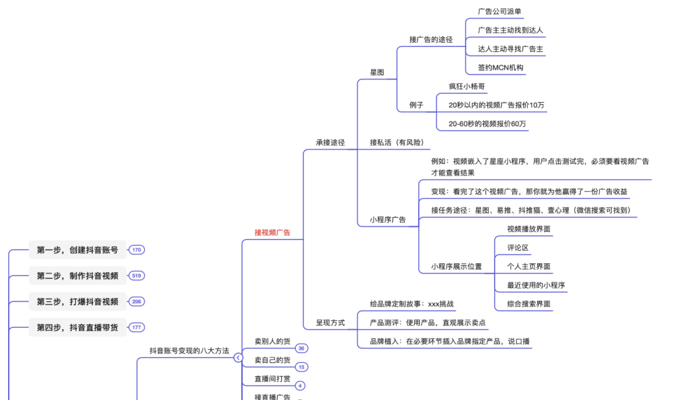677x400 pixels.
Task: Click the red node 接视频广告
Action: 272,233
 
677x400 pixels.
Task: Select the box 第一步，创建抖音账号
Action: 77,250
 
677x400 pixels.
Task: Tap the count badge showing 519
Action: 137,276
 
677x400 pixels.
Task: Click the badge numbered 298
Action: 137,302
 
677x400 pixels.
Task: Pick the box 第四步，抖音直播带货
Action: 77,327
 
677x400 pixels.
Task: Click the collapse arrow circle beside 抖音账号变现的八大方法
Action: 238,357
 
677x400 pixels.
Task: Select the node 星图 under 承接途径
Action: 377,72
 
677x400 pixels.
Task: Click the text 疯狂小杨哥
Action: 466,86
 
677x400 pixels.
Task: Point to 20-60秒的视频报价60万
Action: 487,124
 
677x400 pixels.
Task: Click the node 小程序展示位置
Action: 456,266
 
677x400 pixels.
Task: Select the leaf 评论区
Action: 518,248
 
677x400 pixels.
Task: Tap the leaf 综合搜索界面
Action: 528,304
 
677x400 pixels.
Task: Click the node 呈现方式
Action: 330,323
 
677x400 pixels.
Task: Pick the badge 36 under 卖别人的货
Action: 302,349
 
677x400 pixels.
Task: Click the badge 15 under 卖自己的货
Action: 302,367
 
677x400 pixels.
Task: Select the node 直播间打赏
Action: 272,379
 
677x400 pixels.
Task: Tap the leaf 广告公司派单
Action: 499,11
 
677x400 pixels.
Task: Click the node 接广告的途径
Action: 431,39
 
